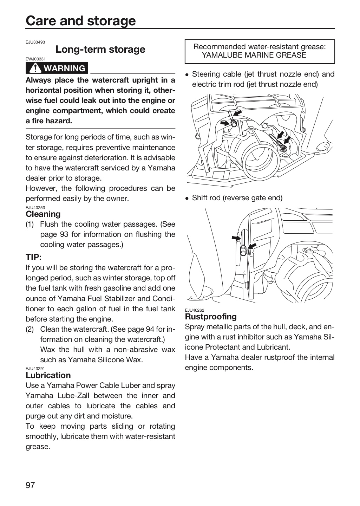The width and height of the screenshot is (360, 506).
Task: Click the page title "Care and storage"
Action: point(81,21)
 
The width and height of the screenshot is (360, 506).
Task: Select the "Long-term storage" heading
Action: point(100,49)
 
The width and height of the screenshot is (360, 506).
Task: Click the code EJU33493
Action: point(35,42)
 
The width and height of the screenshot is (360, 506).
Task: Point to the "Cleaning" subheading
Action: point(43,214)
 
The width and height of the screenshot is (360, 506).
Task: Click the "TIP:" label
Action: point(34,257)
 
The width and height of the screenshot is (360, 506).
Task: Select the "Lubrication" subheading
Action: point(48,375)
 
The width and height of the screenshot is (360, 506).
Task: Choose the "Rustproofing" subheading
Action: point(211,317)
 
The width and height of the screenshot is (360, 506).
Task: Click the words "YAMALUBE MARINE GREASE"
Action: point(254,55)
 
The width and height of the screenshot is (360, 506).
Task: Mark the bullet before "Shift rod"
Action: point(187,198)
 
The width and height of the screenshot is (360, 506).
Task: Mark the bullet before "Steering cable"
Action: point(187,75)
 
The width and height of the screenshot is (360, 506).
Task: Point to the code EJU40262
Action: point(195,310)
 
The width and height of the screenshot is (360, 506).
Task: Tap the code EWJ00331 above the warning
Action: point(35,59)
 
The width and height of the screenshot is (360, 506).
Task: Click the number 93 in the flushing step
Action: point(64,234)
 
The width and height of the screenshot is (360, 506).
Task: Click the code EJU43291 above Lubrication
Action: point(35,369)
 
